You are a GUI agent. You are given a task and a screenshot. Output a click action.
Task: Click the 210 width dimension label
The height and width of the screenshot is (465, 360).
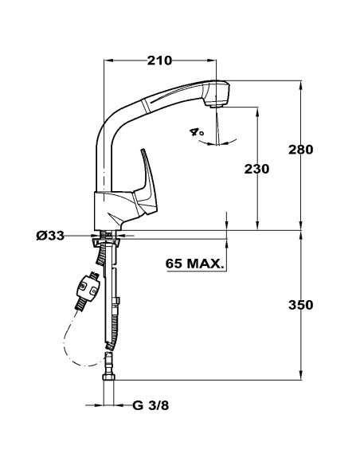coord(159,61)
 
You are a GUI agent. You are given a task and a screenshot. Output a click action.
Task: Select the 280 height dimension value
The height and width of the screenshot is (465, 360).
coord(301,150)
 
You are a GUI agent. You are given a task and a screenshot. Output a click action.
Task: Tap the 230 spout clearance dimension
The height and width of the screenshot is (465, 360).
coord(256,169)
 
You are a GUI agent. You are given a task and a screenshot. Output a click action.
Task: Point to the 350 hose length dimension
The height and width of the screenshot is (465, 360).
coord(301,305)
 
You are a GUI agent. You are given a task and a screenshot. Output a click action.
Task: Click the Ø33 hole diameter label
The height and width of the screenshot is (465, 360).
coord(50,236)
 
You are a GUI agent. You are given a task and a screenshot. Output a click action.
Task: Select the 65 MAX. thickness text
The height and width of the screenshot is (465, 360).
coord(194,264)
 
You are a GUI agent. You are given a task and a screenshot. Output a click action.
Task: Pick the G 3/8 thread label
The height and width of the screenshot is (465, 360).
coord(151,405)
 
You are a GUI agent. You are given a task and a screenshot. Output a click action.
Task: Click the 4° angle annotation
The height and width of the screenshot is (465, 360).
coord(197,132)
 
